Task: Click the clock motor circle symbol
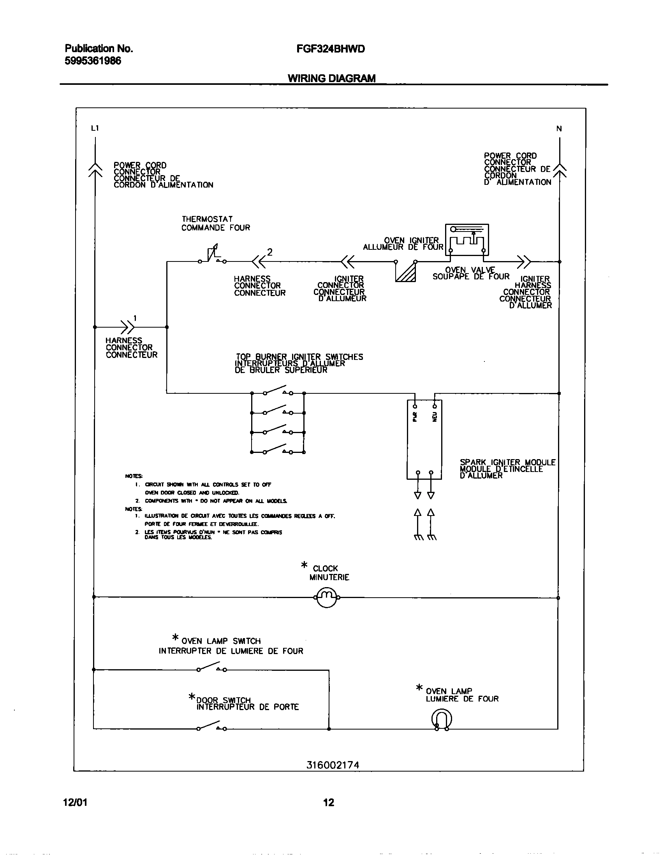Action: [326, 597]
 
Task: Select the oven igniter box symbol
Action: [467, 239]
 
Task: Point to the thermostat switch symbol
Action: [212, 255]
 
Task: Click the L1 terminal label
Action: [95, 128]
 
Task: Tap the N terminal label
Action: [559, 128]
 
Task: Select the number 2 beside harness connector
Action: [269, 252]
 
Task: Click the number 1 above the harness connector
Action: [135, 318]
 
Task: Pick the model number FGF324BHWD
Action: [331, 49]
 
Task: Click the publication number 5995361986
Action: [93, 61]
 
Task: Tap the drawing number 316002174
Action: [333, 765]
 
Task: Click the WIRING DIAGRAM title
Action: [331, 78]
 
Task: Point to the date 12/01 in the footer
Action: [75, 802]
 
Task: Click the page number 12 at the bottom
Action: [329, 802]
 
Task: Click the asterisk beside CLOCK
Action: [304, 565]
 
